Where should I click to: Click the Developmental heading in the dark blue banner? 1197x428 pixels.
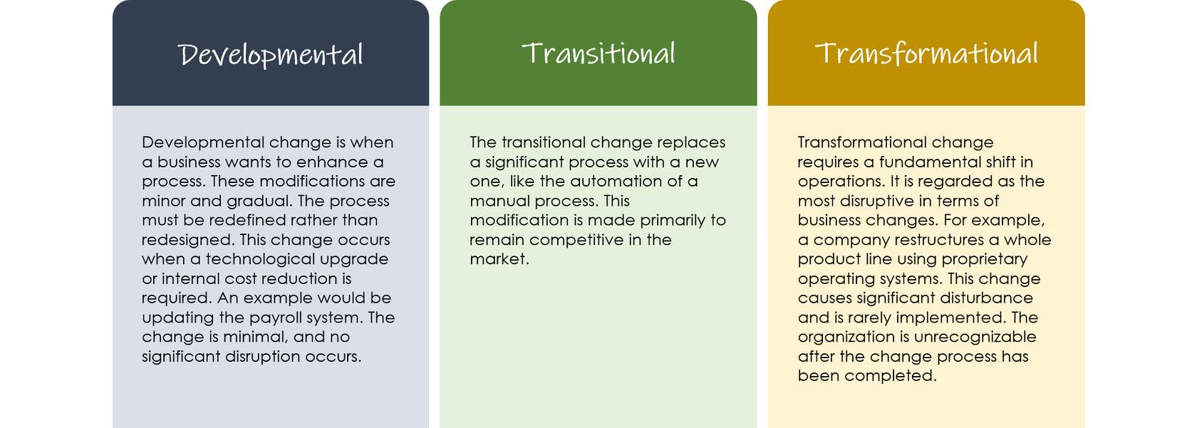271,56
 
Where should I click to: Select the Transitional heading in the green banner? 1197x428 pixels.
598,53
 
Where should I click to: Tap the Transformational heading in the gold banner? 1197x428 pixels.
926,54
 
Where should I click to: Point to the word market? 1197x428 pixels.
499,260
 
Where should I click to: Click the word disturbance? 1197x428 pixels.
986,298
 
